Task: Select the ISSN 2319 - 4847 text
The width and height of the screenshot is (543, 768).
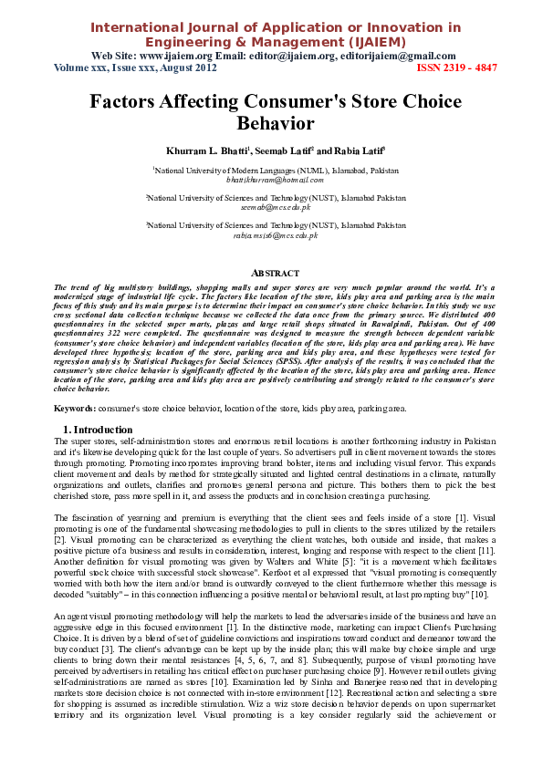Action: pyautogui.click(x=457, y=67)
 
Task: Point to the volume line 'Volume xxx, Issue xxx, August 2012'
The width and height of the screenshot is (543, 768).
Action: pyautogui.click(x=135, y=67)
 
